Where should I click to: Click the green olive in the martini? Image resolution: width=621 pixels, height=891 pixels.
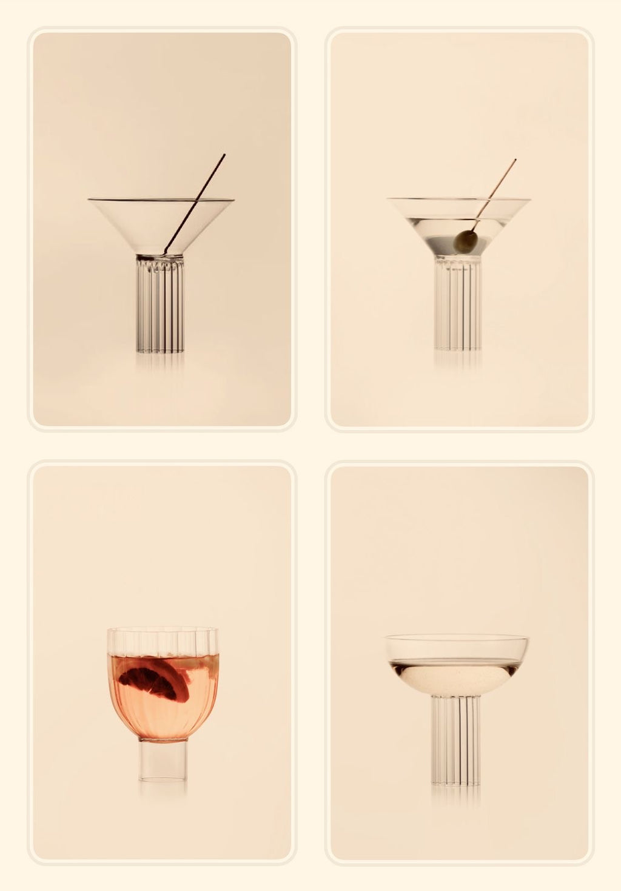(x=465, y=241)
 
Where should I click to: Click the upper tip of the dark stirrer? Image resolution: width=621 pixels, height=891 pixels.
(x=224, y=155)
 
